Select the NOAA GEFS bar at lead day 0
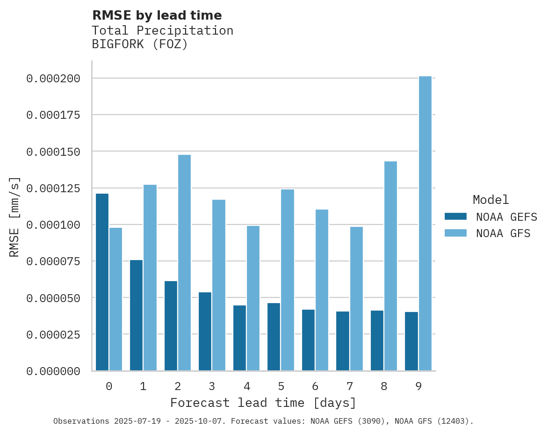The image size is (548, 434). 102,282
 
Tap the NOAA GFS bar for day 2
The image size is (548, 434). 184,263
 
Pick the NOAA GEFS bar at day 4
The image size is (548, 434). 239,338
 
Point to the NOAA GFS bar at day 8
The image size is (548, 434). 390,266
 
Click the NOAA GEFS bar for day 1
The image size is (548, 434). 136,315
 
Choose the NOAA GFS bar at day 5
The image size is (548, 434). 288,280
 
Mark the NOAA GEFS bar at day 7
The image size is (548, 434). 343,341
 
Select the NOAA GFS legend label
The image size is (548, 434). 503,233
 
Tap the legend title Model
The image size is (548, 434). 490,200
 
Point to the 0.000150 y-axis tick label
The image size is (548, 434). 53,152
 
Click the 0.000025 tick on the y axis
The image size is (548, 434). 53,335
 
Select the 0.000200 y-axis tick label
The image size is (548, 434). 53,79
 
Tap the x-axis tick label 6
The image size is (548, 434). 315,386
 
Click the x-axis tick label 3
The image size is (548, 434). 212,386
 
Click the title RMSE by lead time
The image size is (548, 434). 157,15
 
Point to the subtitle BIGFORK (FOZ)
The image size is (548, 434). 139,45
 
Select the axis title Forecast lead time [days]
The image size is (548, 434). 263,403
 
